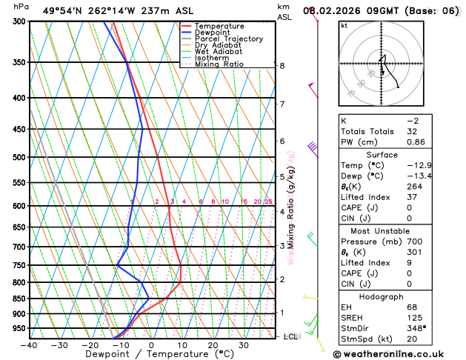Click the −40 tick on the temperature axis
[x=29, y=344]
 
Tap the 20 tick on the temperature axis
[x=213, y=344]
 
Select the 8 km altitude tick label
[x=282, y=65]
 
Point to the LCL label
[x=291, y=336]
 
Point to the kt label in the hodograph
[x=344, y=25]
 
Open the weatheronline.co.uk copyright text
[x=398, y=353]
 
